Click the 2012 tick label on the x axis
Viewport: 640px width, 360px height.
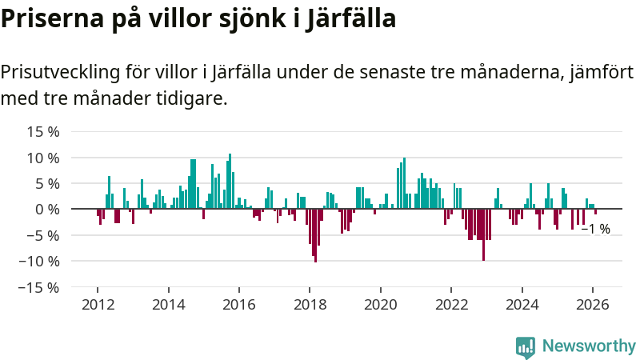tap(98, 304)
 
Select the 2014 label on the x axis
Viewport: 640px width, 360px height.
tap(168, 304)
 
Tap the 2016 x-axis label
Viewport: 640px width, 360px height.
tap(238, 304)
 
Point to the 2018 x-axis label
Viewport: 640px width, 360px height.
tap(310, 304)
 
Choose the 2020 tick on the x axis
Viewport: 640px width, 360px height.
tap(380, 304)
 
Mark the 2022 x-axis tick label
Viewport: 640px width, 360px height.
tap(451, 304)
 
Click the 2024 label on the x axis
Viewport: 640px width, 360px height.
tap(522, 304)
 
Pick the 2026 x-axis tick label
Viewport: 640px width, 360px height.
tap(593, 304)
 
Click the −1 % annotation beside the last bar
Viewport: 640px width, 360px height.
tap(595, 229)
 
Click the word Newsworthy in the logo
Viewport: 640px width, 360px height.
tap(589, 346)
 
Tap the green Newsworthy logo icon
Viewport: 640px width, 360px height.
tap(526, 346)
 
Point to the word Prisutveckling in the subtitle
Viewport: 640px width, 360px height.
tap(61, 72)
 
